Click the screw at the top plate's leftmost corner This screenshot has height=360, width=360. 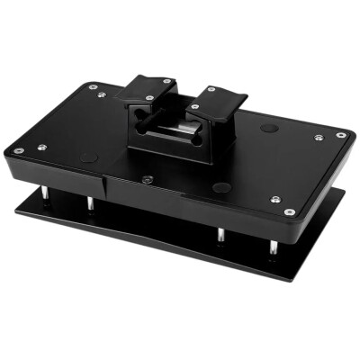(18, 149)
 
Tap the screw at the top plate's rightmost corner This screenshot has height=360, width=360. (341, 135)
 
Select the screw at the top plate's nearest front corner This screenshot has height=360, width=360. (289, 212)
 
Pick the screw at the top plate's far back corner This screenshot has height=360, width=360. (93, 86)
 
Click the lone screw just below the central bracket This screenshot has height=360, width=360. (147, 178)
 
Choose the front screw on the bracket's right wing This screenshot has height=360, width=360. (196, 107)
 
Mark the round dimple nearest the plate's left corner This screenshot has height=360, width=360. (88, 157)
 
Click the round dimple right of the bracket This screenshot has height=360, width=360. (268, 129)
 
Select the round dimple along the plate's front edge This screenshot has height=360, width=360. (221, 188)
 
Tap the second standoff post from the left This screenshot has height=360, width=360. (90, 206)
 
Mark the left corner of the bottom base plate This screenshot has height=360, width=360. (16, 213)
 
